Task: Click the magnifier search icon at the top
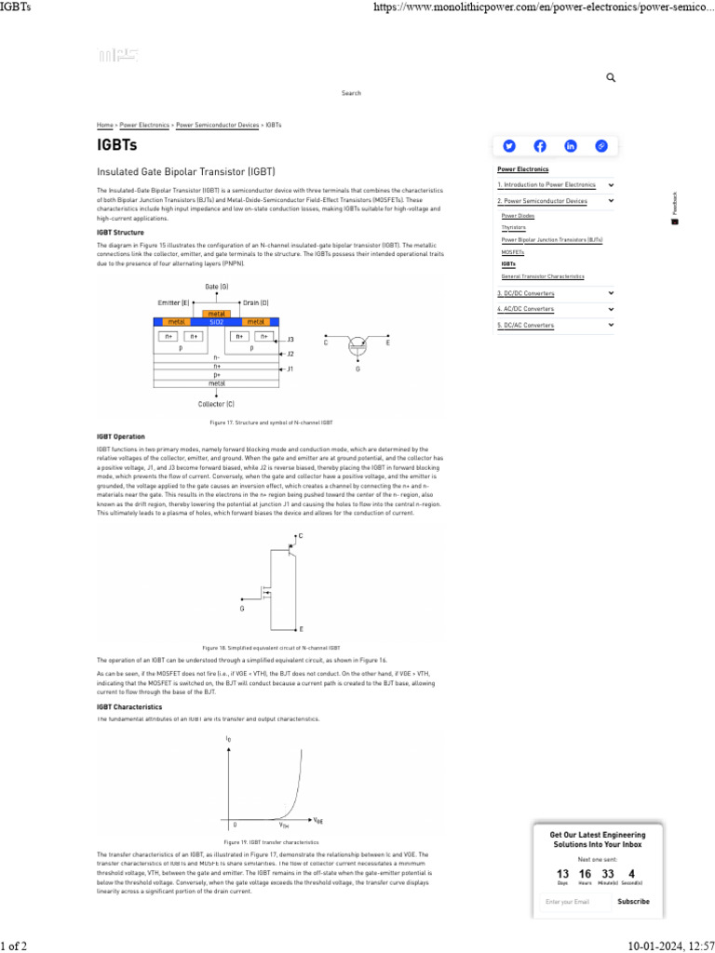(611, 78)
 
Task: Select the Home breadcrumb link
(105, 124)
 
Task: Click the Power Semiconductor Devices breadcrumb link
(218, 124)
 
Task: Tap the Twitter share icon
(509, 145)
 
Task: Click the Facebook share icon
(540, 145)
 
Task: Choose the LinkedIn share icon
(571, 145)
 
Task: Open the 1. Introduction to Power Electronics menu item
(546, 185)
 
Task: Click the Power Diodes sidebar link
(517, 215)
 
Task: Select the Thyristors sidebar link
(513, 227)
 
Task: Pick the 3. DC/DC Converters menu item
(526, 293)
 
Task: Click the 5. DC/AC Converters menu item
(526, 325)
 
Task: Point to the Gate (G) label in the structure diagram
(217, 287)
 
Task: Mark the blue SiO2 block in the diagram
(217, 321)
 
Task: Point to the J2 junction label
(290, 354)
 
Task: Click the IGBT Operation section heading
(121, 436)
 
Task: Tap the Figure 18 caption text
(271, 648)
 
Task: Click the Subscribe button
(633, 901)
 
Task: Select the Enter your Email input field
(573, 901)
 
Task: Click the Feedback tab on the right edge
(675, 205)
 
